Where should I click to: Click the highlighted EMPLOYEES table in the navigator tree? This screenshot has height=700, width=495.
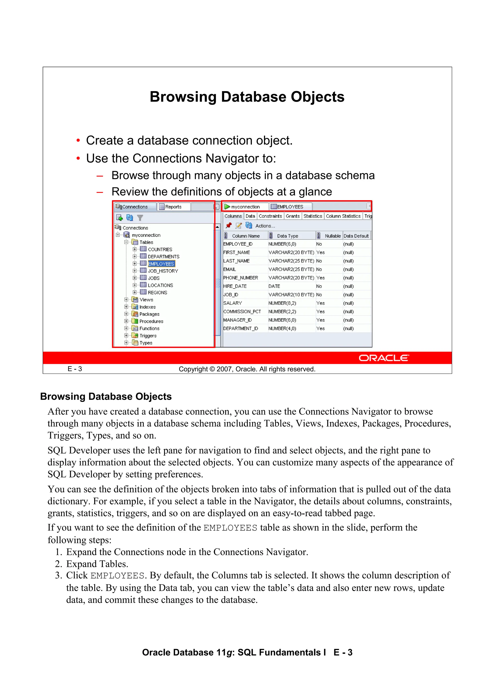point(161,264)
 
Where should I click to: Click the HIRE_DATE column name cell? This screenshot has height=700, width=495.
point(235,286)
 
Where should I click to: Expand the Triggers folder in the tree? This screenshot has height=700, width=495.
point(126,335)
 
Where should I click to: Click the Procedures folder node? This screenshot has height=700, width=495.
point(151,321)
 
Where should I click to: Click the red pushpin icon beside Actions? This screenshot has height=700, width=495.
point(228,226)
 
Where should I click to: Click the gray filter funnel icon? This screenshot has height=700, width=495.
point(140,218)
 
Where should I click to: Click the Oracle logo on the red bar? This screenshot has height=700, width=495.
point(383,358)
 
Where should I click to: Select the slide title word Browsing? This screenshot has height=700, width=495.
point(183,97)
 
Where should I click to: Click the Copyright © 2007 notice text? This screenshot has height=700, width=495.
point(247,369)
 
